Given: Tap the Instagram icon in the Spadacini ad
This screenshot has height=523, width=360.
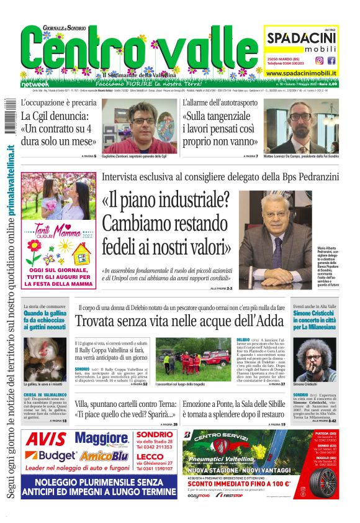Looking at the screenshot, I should [x=320, y=60].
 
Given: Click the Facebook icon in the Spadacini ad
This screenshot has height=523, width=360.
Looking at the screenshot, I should [x=331, y=60].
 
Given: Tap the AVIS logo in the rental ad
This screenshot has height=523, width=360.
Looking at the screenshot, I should [x=46, y=439].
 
